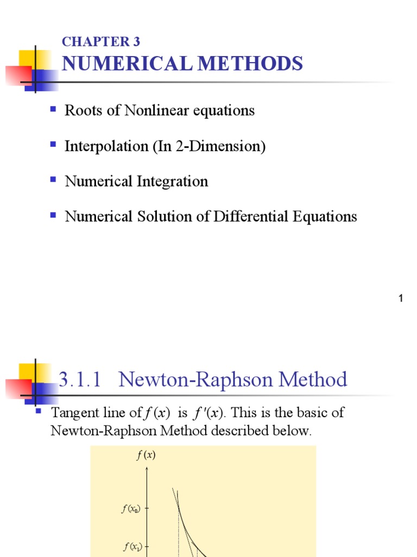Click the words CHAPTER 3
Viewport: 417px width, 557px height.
click(101, 42)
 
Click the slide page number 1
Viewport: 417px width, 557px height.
click(401, 298)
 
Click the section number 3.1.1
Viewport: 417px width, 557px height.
click(80, 379)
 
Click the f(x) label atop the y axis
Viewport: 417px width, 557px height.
click(146, 456)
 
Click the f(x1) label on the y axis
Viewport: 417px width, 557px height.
click(131, 547)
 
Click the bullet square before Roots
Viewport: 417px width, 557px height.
click(53, 109)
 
